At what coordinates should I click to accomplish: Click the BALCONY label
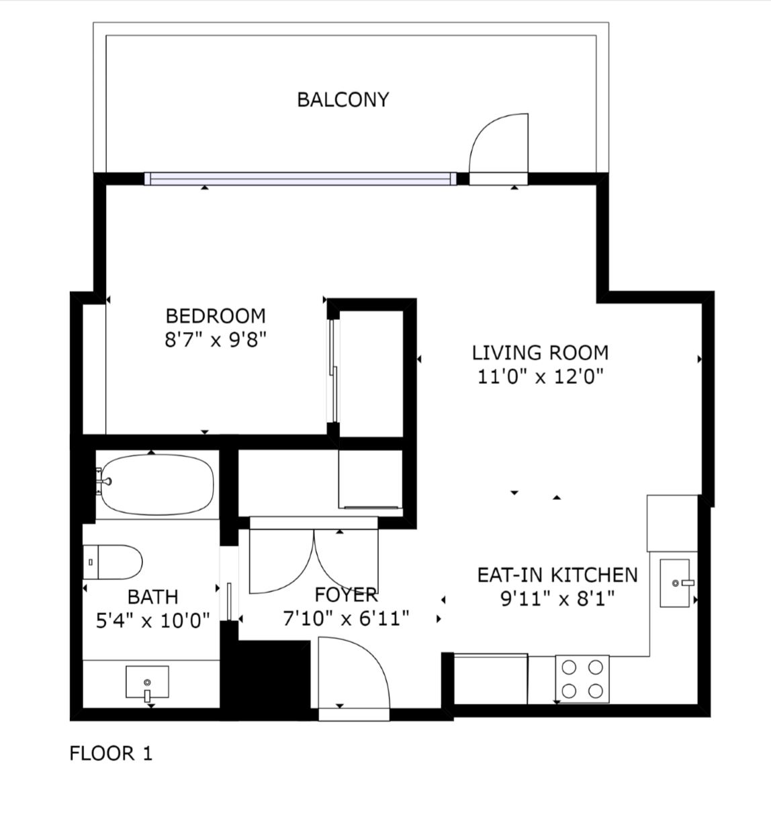(x=343, y=100)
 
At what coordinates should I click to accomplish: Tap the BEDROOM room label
(x=216, y=316)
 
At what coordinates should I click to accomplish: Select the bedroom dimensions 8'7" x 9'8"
(x=216, y=340)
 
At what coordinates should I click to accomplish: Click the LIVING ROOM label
(x=540, y=353)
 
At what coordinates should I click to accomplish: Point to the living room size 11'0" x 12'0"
(x=541, y=377)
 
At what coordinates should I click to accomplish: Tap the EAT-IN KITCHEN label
(x=557, y=575)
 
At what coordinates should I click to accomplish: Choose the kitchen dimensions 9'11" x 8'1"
(x=557, y=599)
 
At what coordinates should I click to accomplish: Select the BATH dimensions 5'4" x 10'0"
(x=152, y=621)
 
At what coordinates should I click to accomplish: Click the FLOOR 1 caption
(x=111, y=753)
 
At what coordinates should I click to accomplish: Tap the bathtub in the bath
(x=157, y=485)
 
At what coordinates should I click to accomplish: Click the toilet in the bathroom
(x=113, y=562)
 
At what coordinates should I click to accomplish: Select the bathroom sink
(x=147, y=682)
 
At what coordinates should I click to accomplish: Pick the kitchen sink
(x=674, y=583)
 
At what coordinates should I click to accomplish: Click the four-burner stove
(x=582, y=679)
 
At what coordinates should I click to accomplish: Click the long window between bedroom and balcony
(x=301, y=178)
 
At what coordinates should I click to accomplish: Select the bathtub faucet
(x=103, y=482)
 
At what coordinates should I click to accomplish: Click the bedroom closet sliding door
(x=333, y=371)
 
